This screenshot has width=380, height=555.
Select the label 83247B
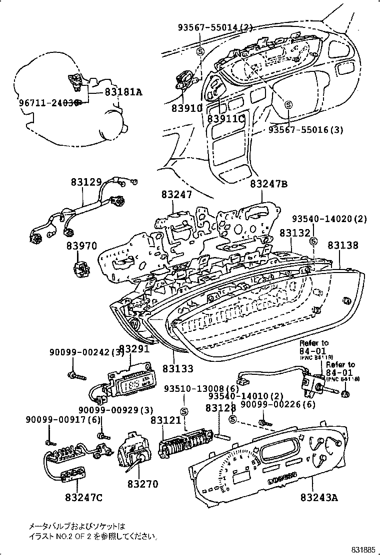coord(269,184)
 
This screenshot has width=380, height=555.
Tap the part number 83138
coord(343,246)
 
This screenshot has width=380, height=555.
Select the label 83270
coord(142,484)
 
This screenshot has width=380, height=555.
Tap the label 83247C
coord(83,498)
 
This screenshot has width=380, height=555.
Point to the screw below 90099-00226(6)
coord(262,423)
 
